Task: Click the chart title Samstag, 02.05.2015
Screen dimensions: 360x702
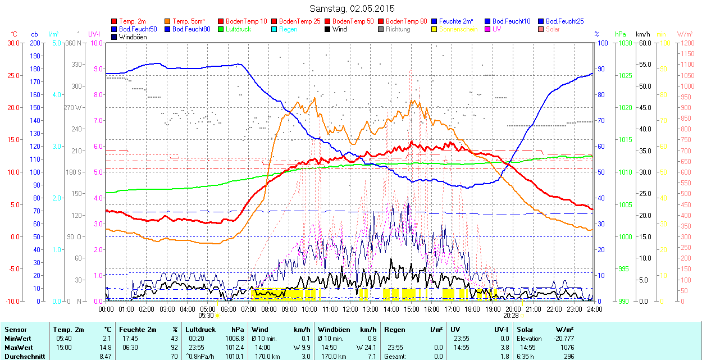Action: (352, 8)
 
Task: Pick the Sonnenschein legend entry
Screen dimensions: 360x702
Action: (458, 29)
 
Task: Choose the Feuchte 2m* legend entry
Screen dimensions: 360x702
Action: (457, 21)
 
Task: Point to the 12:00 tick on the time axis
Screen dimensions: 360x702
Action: (350, 309)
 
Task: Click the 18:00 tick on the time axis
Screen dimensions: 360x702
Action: (472, 309)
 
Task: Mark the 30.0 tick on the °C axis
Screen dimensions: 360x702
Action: (12, 43)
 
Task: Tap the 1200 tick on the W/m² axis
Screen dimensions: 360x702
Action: (687, 43)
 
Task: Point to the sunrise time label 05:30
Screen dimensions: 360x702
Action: (206, 316)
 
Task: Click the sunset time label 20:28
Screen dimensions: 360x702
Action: (511, 316)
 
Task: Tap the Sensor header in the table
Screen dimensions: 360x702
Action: (15, 330)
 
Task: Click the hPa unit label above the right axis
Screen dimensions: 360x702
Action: (620, 34)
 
